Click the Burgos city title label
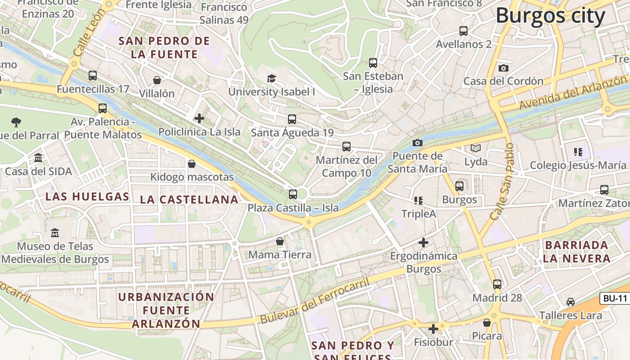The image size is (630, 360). click(x=551, y=16)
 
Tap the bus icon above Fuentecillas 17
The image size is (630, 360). click(x=93, y=76)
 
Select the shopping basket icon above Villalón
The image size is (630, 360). click(x=157, y=80)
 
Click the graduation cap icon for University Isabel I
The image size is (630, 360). click(x=271, y=79)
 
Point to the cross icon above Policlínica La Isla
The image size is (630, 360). click(x=199, y=118)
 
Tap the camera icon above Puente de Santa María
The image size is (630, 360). click(x=418, y=143)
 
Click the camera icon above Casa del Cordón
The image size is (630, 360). click(x=504, y=68)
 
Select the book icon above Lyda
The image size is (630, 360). click(x=476, y=148)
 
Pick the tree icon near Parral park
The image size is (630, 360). click(x=16, y=121)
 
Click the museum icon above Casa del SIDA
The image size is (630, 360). click(x=38, y=158)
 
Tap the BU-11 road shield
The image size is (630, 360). click(x=615, y=298)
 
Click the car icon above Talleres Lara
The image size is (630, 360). click(x=571, y=301)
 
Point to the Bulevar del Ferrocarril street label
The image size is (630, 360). click(x=315, y=301)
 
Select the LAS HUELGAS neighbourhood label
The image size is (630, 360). click(x=87, y=197)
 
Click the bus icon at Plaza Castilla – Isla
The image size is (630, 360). click(x=293, y=194)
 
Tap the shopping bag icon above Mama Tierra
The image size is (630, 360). click(x=280, y=241)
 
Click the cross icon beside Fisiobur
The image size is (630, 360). click(x=433, y=329)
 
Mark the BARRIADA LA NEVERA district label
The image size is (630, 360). click(x=576, y=252)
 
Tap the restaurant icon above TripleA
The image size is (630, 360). click(x=418, y=200)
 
